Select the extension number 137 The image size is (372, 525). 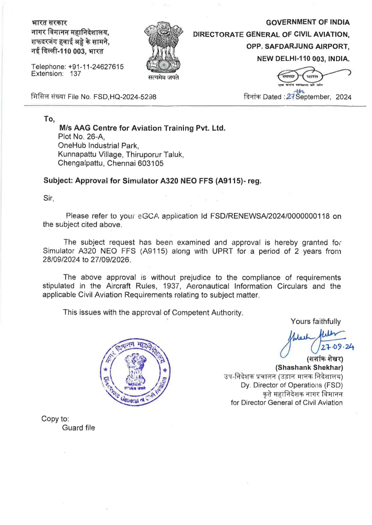click(75, 74)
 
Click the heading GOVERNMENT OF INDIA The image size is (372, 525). click(308, 22)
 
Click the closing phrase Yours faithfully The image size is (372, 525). click(316, 322)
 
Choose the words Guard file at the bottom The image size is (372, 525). click(79, 428)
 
